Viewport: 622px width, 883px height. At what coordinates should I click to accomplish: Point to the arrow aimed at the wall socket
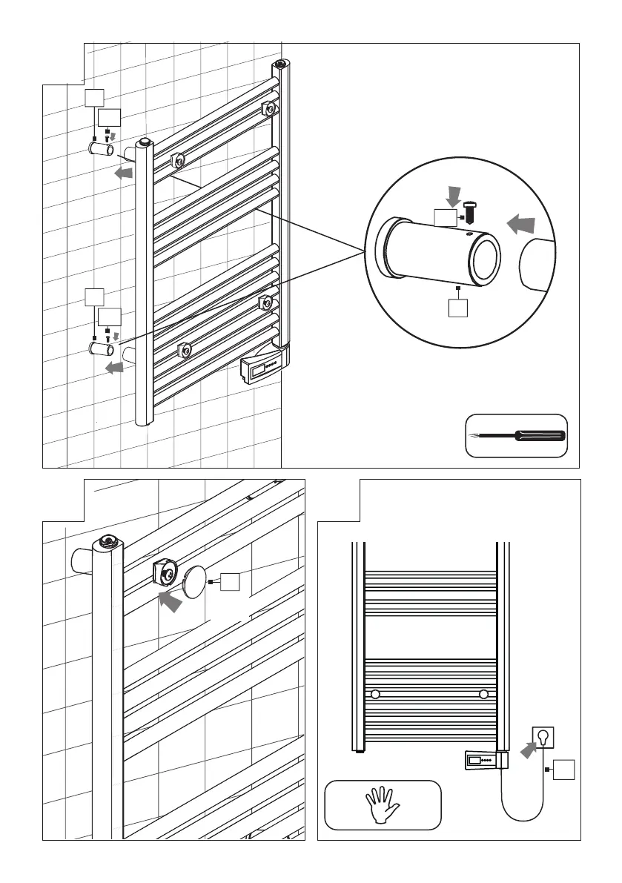tap(526, 750)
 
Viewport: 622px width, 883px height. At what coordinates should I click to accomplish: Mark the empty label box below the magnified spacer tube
tap(460, 307)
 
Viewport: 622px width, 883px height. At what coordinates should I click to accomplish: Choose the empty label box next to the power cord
tap(565, 769)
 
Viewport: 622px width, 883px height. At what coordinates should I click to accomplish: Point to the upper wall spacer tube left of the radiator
tap(101, 149)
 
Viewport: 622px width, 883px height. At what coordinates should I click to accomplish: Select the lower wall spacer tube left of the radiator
tap(101, 348)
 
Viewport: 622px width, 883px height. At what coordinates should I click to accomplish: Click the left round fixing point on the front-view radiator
tap(375, 694)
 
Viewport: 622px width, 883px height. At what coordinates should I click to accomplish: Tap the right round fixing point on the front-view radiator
tap(484, 694)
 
